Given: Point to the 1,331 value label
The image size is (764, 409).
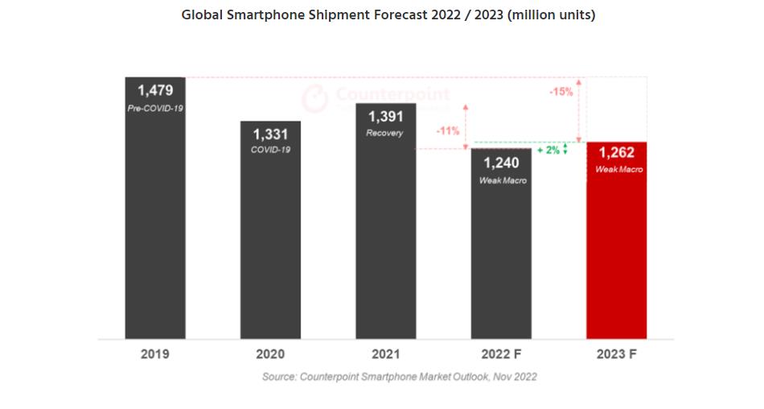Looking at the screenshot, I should (271, 134).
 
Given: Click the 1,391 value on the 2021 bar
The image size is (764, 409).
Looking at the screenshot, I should (385, 117).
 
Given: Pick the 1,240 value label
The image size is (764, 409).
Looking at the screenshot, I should (502, 163).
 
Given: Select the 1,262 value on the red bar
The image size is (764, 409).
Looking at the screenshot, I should (617, 154).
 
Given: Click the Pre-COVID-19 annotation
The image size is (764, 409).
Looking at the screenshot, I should (155, 106).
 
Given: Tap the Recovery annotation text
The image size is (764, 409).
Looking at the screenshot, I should (385, 133).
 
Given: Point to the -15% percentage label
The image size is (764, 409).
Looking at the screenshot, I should (561, 92).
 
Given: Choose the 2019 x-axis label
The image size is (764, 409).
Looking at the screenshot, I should (154, 354).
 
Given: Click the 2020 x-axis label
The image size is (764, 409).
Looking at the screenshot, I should (271, 354).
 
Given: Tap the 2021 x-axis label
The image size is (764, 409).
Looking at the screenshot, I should (386, 354).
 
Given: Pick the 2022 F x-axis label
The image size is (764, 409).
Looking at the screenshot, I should (501, 354).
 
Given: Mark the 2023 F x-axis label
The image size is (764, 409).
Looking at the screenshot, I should (617, 354).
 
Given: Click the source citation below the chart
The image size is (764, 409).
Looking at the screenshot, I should (399, 377).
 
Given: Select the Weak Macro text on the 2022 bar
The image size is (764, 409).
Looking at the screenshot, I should (502, 180).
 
